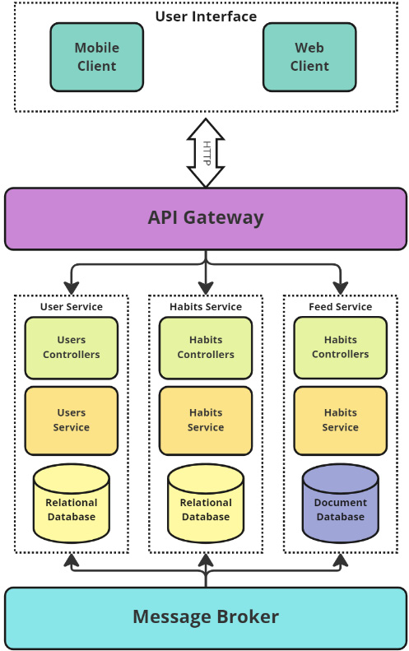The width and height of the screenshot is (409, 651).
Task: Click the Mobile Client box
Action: [96, 57]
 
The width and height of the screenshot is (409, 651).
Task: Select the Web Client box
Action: [309, 57]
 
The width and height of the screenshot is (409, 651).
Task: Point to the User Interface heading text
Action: [206, 16]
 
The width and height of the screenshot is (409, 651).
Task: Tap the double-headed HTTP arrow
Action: [206, 153]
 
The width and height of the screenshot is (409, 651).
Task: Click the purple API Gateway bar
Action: [206, 218]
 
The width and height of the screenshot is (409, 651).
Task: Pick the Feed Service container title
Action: [340, 307]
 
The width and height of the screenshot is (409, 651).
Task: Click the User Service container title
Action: [72, 307]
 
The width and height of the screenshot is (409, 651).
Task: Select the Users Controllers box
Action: [72, 347]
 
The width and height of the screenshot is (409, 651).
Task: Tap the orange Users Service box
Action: [72, 420]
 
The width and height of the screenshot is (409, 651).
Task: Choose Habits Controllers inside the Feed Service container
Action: [340, 347]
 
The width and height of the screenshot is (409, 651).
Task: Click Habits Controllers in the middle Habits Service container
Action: [206, 347]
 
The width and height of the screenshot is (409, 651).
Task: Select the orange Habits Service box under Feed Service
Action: [340, 420]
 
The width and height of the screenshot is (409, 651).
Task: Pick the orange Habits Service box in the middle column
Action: [206, 420]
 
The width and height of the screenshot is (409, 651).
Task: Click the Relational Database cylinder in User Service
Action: [72, 504]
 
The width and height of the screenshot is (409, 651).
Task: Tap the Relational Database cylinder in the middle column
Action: [206, 504]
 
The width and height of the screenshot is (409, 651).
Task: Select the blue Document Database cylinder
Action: [340, 504]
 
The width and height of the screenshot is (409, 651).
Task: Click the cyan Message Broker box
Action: [206, 616]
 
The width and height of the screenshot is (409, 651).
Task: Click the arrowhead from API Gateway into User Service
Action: [72, 288]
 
